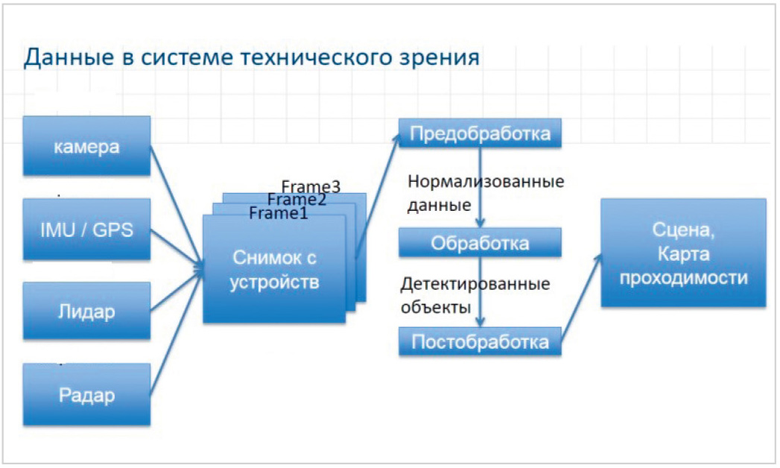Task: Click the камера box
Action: tap(86, 146)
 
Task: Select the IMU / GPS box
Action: tap(86, 230)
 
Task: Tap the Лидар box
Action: tap(86, 311)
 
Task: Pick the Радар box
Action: tap(86, 394)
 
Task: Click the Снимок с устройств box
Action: tap(274, 269)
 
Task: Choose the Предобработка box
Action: tap(480, 133)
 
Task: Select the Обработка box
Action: tap(480, 243)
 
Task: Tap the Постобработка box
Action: tap(480, 341)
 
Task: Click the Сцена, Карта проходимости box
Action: tap(683, 253)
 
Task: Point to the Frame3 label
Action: tap(311, 186)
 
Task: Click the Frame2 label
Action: tap(297, 200)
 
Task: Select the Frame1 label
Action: tap(279, 213)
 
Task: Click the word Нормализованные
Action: tap(486, 181)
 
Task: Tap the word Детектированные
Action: tap(475, 283)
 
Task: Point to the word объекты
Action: tap(436, 307)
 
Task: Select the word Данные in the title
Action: tap(69, 57)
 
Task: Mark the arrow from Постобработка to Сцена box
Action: tap(582, 298)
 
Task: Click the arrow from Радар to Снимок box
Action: tap(177, 332)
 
